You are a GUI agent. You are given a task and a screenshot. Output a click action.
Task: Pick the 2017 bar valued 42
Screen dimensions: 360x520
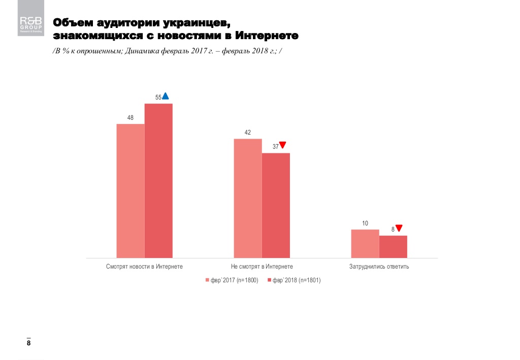coord(248,198)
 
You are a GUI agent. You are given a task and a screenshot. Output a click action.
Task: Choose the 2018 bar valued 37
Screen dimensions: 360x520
coord(276,205)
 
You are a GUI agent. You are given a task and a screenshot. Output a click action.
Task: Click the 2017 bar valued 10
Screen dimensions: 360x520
coord(365,244)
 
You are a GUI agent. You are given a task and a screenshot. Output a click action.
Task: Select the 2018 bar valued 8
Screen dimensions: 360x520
coord(393,247)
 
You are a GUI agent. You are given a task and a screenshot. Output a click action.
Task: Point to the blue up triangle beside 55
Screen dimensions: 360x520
coord(166,96)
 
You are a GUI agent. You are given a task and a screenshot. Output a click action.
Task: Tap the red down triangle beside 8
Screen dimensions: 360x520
coord(399,228)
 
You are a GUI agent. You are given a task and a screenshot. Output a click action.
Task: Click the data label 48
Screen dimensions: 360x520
coord(131,118)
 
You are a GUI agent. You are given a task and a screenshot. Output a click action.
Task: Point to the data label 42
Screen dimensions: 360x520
coord(248,133)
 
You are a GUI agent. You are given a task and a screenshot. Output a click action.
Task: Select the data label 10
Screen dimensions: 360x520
coord(365,223)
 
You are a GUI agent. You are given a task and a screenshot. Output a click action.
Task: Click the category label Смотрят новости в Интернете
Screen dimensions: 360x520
coord(144,267)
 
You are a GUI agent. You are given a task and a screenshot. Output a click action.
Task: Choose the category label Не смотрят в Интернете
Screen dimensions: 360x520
coord(262,267)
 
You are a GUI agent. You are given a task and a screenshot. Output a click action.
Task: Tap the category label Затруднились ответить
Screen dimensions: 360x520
coord(379,267)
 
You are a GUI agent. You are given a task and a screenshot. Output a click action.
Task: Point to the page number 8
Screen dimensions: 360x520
coord(28,344)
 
